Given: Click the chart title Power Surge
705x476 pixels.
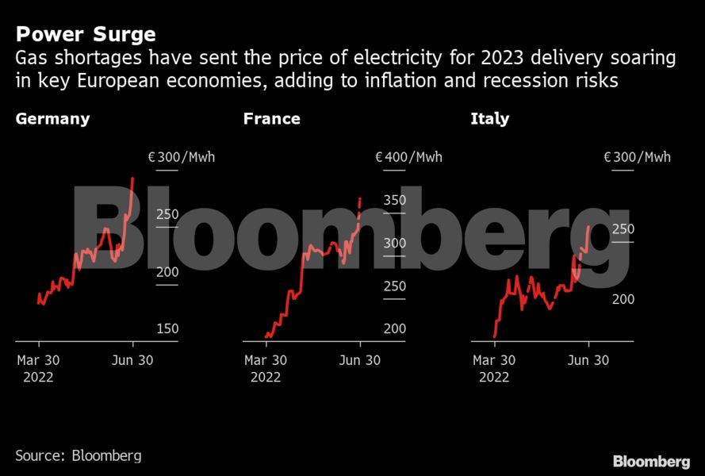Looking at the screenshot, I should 86,35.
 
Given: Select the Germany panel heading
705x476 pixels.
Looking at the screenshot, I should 52,120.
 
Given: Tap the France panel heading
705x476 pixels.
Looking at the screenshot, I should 271,120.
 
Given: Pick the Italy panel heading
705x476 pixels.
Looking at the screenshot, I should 489,120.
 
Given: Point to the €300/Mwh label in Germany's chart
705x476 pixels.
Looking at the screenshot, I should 181,157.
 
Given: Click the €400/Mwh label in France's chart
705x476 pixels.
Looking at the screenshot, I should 408,157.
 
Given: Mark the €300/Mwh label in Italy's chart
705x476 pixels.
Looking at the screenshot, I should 637,157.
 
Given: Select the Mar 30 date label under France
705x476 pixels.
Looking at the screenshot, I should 266,360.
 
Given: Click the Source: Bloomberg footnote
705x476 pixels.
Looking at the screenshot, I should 79,455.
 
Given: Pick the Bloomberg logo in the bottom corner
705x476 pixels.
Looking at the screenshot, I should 650,461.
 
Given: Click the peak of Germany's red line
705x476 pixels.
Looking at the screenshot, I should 132,178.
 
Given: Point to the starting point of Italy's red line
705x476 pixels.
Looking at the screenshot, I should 494,336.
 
